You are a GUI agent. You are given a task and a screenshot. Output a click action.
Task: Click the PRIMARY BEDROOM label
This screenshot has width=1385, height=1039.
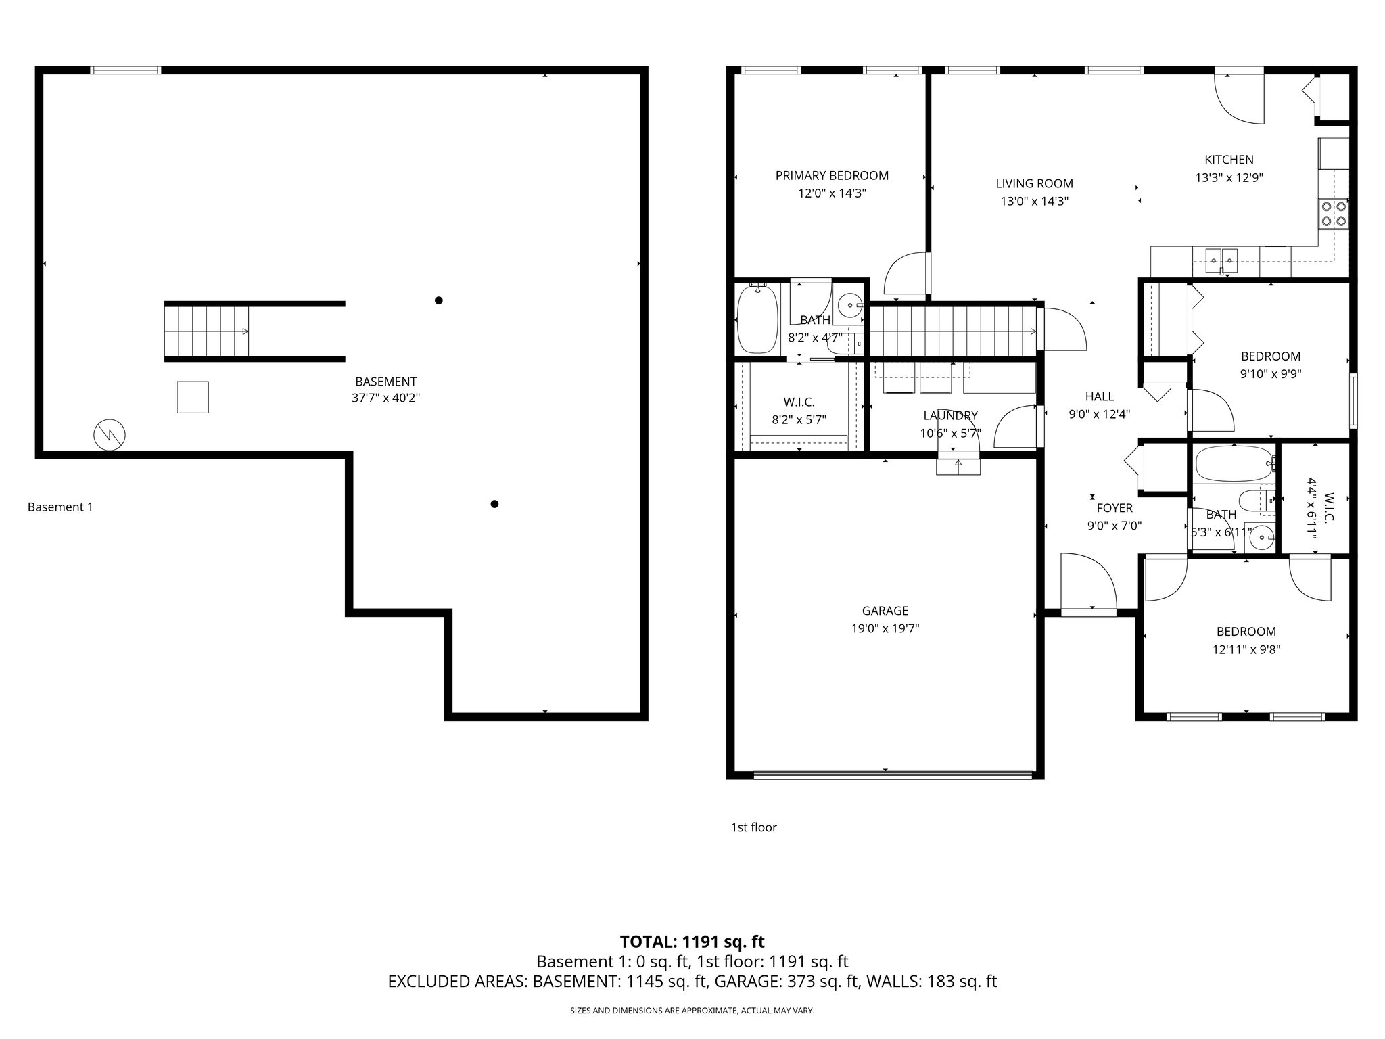(x=831, y=176)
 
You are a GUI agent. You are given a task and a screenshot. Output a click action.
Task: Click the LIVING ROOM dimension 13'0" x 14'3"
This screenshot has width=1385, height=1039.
(x=1034, y=201)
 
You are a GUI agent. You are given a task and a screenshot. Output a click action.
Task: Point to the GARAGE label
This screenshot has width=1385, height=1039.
(x=885, y=611)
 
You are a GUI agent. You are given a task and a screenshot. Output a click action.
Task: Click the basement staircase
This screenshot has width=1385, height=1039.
(x=207, y=331)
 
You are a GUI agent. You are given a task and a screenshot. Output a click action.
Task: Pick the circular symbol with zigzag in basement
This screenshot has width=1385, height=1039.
(x=110, y=435)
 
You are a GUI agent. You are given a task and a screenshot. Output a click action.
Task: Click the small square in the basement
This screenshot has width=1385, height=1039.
(x=193, y=397)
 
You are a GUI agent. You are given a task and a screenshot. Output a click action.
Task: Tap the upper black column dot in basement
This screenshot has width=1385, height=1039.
(x=438, y=300)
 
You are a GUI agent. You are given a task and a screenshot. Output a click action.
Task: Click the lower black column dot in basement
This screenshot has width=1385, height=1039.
(x=494, y=504)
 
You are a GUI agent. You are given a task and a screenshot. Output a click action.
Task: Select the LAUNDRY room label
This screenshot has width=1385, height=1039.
(x=950, y=415)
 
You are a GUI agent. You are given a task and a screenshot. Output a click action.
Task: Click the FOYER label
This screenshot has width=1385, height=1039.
(x=1114, y=508)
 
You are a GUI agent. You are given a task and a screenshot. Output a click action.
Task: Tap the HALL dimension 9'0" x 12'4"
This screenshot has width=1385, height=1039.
(x=1099, y=415)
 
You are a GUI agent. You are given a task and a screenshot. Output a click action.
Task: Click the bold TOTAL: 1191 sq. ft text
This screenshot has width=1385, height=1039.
(x=692, y=942)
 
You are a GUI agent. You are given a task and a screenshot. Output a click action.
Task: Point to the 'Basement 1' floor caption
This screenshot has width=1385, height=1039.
(x=60, y=507)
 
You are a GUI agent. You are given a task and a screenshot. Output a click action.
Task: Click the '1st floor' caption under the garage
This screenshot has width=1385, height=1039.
(x=753, y=827)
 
